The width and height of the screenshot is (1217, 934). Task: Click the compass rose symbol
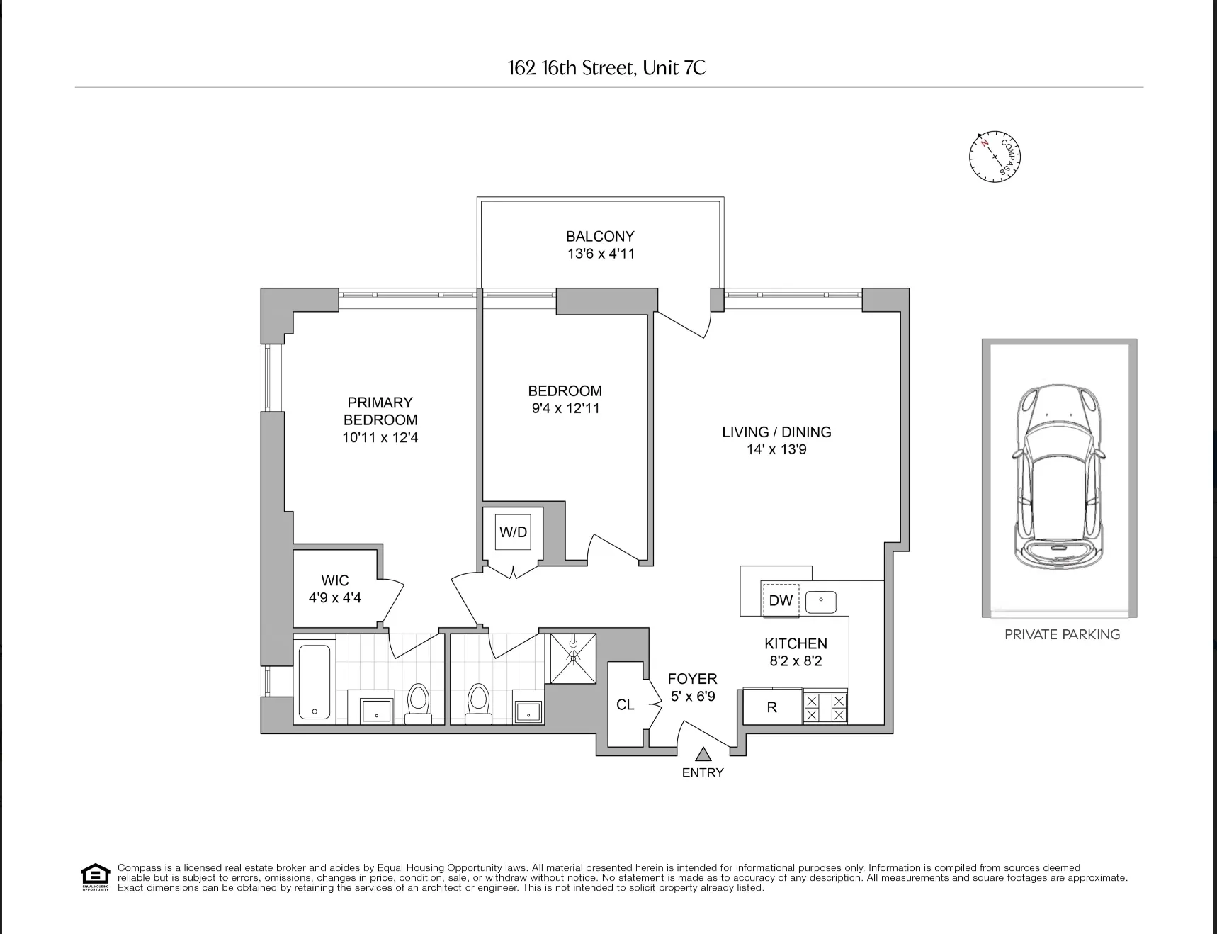tap(995, 157)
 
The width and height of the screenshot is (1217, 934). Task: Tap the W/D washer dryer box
tap(513, 532)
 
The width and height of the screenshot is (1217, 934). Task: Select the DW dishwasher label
tap(780, 601)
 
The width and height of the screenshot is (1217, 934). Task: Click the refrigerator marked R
tap(771, 707)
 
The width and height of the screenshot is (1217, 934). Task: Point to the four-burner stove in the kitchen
tap(825, 707)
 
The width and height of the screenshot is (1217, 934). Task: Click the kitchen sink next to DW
tap(820, 602)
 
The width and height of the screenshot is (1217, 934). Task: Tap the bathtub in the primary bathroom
tap(314, 681)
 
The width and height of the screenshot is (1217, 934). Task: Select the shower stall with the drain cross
tap(573, 658)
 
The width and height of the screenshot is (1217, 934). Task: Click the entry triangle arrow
tap(703, 755)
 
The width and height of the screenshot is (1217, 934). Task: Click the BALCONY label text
tap(599, 236)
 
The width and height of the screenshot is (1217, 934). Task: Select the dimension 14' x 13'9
tap(776, 449)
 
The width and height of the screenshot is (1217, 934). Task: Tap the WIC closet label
tap(334, 580)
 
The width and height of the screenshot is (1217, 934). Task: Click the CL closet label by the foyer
tap(625, 704)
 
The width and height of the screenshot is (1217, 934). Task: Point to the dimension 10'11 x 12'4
tap(380, 438)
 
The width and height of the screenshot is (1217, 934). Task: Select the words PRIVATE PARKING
tap(1062, 635)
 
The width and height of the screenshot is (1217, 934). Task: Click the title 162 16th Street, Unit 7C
tap(607, 68)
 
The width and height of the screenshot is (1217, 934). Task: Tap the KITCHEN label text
tap(796, 643)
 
